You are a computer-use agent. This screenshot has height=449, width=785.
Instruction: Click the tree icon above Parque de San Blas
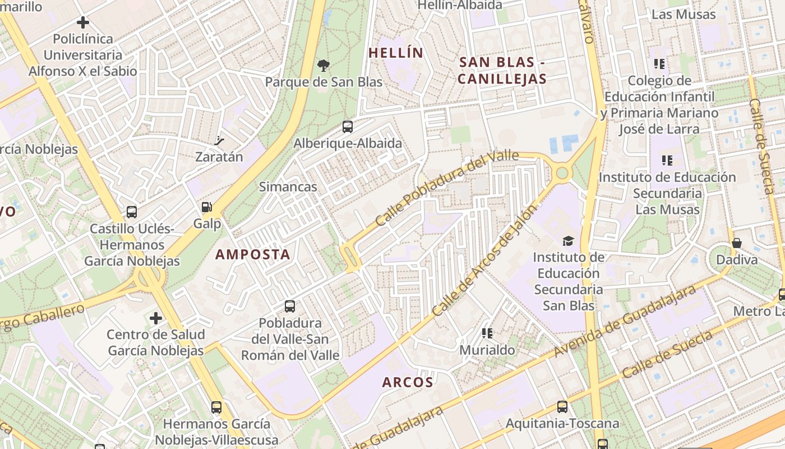tap(323, 66)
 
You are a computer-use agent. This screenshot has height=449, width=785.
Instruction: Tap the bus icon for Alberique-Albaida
tap(348, 127)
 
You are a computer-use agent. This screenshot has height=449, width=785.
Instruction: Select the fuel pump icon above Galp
tap(207, 207)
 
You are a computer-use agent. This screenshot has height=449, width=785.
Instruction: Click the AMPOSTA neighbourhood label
tap(253, 254)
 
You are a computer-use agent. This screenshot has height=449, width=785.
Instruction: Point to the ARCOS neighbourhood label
tap(408, 382)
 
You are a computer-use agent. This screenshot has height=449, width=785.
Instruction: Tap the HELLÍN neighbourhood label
tap(395, 53)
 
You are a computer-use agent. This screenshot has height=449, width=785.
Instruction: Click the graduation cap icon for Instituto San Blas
tap(569, 241)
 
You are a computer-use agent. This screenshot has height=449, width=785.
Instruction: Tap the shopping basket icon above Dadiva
tap(737, 243)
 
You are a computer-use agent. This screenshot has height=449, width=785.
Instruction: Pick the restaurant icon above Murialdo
tap(487, 333)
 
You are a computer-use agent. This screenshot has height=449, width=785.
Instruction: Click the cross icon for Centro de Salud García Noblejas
tap(155, 318)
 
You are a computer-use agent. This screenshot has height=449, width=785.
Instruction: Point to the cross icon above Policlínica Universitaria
tap(83, 22)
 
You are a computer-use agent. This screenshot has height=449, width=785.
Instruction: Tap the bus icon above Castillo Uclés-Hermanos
tap(132, 212)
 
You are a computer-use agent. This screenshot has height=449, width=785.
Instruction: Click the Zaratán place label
tap(219, 157)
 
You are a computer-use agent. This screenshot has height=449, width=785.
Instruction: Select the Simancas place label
tap(288, 187)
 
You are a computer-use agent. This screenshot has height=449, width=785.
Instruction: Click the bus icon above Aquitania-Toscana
tap(562, 407)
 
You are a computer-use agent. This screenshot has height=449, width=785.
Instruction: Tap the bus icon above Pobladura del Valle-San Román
tap(290, 306)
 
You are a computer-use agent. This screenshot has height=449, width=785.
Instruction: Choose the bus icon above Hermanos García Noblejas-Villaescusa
tap(216, 407)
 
